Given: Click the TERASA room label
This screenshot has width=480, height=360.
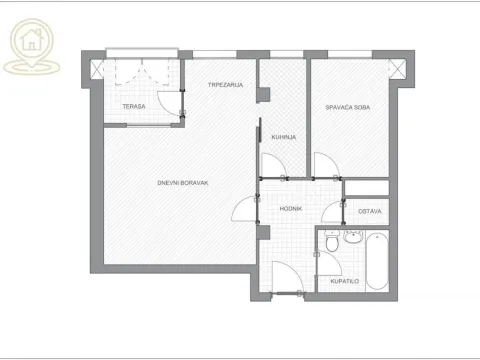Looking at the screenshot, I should (134, 106).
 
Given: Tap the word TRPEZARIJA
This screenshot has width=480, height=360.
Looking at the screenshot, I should (226, 85).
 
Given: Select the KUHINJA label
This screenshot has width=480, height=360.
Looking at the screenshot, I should (281, 136).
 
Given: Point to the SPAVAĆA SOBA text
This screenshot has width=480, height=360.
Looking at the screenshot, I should (347, 107).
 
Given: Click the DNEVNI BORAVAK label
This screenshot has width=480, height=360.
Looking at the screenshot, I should (182, 182).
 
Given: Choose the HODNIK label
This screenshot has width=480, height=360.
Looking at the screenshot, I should (291, 210).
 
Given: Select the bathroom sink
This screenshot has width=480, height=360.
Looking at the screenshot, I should (352, 237).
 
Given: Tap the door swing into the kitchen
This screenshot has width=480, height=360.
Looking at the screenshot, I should (271, 166).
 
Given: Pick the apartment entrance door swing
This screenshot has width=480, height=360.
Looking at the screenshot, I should (285, 278).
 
